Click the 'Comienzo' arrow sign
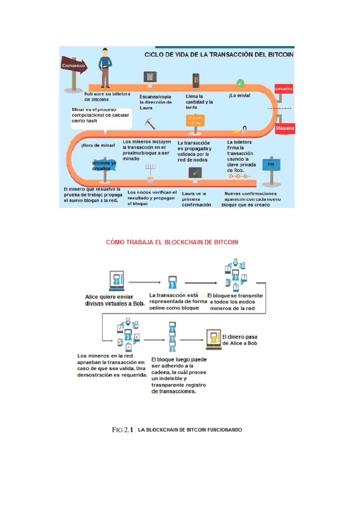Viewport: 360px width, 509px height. (74, 65)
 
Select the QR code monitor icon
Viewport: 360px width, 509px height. (150, 78)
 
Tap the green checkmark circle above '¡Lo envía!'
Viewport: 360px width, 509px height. (240, 83)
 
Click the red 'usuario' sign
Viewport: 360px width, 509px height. (283, 89)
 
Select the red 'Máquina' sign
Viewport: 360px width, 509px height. (285, 128)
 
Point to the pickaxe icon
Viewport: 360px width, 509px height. (150, 123)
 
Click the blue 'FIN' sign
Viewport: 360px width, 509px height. (271, 164)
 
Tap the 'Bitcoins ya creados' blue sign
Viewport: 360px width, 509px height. (104, 166)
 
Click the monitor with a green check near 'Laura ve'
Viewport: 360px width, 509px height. (195, 173)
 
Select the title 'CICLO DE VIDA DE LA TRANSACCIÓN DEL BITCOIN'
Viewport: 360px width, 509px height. (219, 55)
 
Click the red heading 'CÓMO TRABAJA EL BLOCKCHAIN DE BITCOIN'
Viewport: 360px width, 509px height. (172, 242)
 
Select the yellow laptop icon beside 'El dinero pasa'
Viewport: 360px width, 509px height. (213, 339)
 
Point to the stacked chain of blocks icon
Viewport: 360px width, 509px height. (172, 337)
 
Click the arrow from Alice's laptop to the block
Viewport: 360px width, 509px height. (145, 282)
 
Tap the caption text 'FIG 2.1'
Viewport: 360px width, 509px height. (122, 430)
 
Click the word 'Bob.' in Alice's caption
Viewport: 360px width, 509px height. (139, 304)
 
